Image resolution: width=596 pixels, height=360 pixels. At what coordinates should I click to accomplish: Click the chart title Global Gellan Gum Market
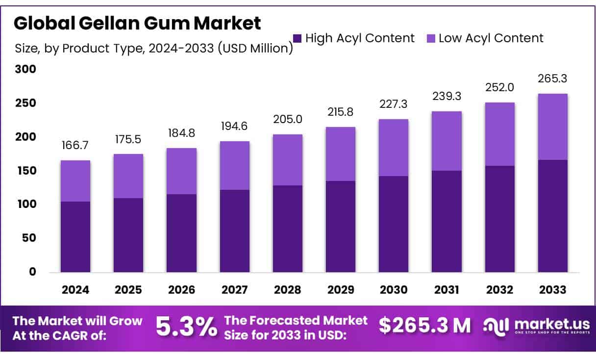[x=137, y=23]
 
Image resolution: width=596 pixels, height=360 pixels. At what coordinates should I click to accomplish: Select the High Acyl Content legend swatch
[x=297, y=38]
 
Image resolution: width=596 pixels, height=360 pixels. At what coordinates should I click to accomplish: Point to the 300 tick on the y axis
[x=25, y=70]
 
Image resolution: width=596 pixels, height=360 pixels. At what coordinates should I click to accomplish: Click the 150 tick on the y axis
[x=25, y=171]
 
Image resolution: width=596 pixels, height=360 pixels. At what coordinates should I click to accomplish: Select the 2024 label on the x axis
[x=75, y=290]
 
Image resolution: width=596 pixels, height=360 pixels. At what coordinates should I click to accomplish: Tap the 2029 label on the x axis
[x=341, y=290]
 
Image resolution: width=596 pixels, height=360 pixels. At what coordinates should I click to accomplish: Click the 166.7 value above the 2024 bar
[x=75, y=146]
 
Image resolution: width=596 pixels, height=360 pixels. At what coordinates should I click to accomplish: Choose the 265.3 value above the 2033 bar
[x=552, y=79]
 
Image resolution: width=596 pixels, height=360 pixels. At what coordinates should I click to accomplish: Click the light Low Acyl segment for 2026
[x=181, y=171]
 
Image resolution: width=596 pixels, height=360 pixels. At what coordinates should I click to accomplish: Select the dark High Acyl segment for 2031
[x=447, y=221]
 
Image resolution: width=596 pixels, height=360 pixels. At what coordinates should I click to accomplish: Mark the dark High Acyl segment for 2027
[x=234, y=231]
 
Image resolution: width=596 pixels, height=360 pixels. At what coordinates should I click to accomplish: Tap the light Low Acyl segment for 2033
[x=552, y=127]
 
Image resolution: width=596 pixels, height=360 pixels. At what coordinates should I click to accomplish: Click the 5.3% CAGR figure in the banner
[x=186, y=327]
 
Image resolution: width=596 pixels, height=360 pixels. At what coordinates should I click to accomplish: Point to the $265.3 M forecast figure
[x=424, y=326]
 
